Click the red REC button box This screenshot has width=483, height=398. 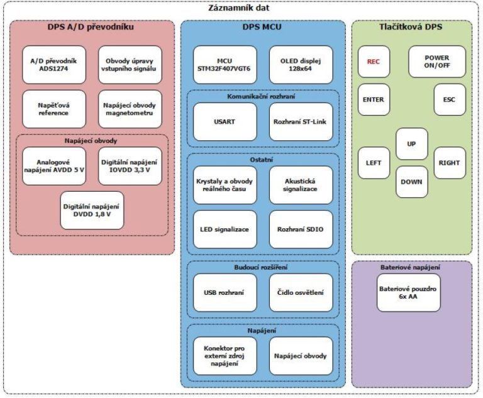pos(374,62)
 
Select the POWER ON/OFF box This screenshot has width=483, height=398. pos(437,62)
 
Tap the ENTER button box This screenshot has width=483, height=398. pos(374,99)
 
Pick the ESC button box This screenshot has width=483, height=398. pos(449,99)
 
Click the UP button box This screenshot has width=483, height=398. pos(411,144)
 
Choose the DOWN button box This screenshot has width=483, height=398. pos(411,182)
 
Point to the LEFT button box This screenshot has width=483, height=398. pos(374,163)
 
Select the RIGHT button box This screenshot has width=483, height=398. pos(450,163)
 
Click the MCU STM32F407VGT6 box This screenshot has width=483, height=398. pos(225,65)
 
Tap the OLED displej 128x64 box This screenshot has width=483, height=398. pos(301,65)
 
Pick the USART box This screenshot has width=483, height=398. pos(225,121)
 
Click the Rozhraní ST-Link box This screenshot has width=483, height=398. pos(301,121)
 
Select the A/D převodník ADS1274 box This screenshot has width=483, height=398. pos(53,65)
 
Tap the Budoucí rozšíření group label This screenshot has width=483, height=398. pos(263,268)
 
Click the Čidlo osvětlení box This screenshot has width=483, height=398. pos(301,292)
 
